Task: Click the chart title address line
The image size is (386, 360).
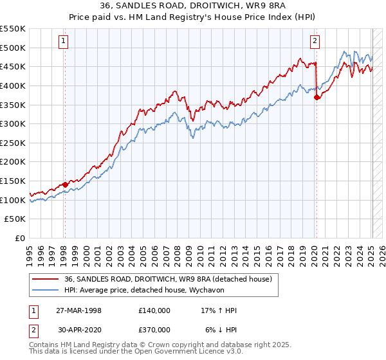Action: (193, 7)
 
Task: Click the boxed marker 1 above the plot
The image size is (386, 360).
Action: (64, 41)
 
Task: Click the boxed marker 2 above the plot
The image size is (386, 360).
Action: (315, 41)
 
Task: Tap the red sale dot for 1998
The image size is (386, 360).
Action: (65, 184)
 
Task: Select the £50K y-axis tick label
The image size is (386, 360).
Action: (15, 219)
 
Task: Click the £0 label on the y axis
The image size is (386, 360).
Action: (21, 239)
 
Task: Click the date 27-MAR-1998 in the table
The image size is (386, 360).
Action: (78, 310)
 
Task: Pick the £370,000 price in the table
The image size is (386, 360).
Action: (154, 329)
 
